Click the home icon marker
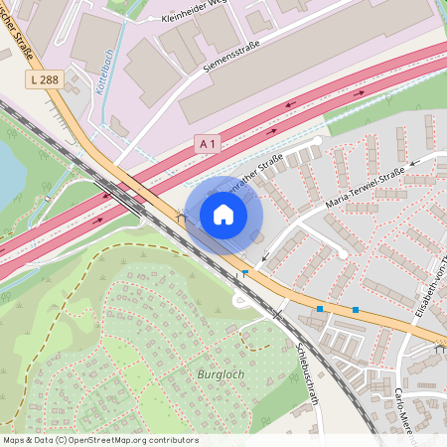click(223, 214)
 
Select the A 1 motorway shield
click(207, 143)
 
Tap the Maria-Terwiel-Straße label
click(365, 190)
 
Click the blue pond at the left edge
click(8, 170)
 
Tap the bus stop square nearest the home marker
click(244, 271)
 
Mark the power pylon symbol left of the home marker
click(181, 215)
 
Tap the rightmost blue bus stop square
click(355, 310)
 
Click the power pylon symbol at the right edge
click(440, 349)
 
